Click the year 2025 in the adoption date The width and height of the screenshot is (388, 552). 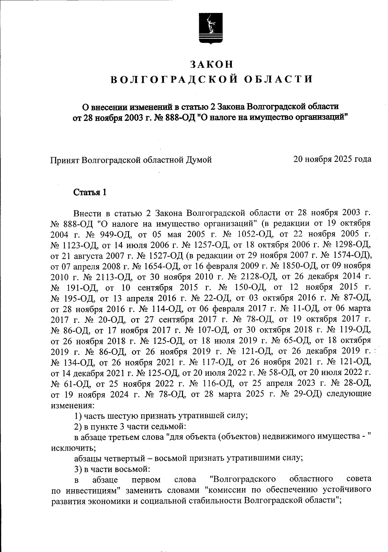(346, 159)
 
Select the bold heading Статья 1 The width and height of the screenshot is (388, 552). (90, 193)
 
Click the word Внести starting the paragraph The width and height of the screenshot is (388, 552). (87, 213)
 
